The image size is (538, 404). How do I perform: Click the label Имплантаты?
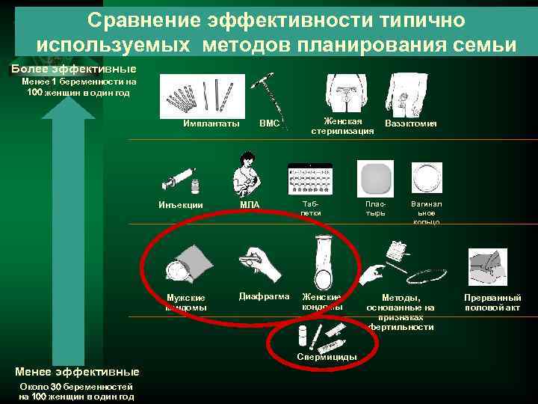211,123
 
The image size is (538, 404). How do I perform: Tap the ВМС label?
269,123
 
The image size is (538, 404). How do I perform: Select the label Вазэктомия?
410,123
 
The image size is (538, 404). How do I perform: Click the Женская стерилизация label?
342,126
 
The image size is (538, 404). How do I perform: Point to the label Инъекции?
181,203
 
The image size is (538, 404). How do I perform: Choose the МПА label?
250,203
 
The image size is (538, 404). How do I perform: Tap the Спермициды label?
327,356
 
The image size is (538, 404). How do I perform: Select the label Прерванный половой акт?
492,302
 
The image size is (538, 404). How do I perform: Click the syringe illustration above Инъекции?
178,180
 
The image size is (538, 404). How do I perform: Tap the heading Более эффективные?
63,69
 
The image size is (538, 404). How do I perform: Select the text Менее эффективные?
77,371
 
